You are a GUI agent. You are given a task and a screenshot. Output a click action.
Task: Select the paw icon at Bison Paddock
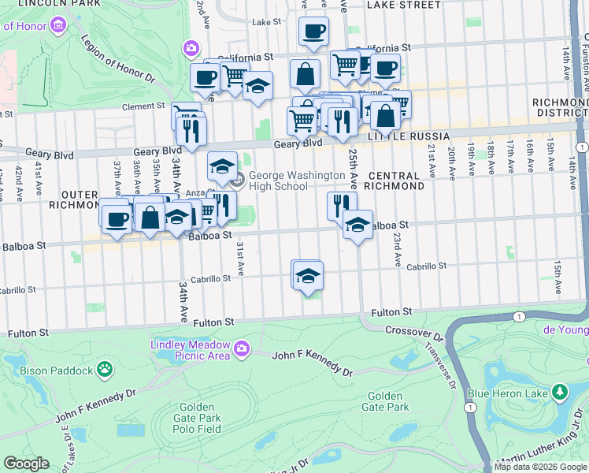point(104,368)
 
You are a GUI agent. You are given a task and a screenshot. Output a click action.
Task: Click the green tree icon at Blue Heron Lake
point(560,391)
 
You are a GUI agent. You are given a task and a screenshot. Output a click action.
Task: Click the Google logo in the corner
point(26,464)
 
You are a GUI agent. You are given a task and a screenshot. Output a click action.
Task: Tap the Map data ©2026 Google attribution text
point(540,467)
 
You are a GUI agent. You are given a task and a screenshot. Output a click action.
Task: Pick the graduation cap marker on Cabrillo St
point(307,276)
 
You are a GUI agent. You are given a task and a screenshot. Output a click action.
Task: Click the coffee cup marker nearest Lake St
point(313,32)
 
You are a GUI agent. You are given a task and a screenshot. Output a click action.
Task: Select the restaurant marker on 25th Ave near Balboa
point(342,207)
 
